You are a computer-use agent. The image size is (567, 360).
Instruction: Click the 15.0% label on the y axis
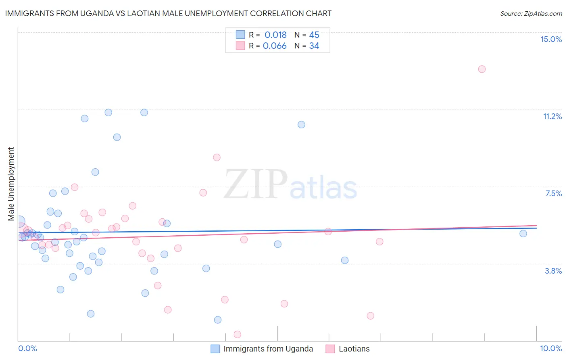pyautogui.click(x=551, y=39)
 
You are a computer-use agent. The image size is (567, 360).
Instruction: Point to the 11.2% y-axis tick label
pyautogui.click(x=552, y=116)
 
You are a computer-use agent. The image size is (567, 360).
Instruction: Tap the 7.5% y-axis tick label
pyautogui.click(x=553, y=193)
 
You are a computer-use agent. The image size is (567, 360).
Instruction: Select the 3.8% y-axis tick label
pyautogui.click(x=553, y=271)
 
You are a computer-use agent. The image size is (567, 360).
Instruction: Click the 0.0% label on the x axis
pyautogui.click(x=27, y=348)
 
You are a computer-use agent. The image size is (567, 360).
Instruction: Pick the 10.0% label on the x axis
pyautogui.click(x=551, y=348)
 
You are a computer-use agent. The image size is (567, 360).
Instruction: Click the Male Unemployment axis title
pyautogui.click(x=11, y=184)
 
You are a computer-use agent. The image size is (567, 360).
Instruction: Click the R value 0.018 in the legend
pyautogui.click(x=275, y=35)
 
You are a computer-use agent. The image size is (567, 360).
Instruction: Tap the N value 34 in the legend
pyautogui.click(x=314, y=46)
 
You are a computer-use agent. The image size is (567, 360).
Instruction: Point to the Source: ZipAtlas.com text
pyautogui.click(x=531, y=13)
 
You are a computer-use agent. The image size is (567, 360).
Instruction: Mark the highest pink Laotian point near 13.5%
pyautogui.click(x=482, y=69)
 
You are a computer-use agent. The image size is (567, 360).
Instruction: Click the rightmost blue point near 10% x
pyautogui.click(x=523, y=233)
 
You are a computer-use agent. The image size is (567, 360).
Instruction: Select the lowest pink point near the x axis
pyautogui.click(x=238, y=334)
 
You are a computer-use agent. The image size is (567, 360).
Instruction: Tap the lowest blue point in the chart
pyautogui.click(x=218, y=320)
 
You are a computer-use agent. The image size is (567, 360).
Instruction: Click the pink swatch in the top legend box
pyautogui.click(x=240, y=46)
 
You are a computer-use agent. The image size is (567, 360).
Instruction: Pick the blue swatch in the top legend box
pyautogui.click(x=240, y=35)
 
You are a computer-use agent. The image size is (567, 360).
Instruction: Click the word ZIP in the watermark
pyautogui.click(x=256, y=184)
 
